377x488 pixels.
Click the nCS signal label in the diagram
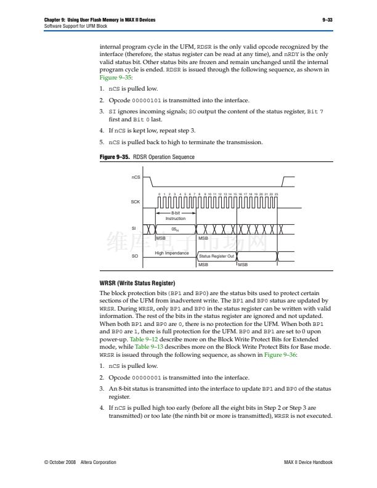pos(136,178)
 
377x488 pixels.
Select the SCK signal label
pos(136,201)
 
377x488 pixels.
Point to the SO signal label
pos(134,255)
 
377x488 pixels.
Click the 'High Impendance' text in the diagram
pos(171,253)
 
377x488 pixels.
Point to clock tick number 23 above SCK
pos(277,193)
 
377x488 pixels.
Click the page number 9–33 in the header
pos(328,20)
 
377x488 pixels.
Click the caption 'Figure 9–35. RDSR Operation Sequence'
pos(147,157)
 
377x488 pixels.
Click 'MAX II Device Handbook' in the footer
pos(308,462)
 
